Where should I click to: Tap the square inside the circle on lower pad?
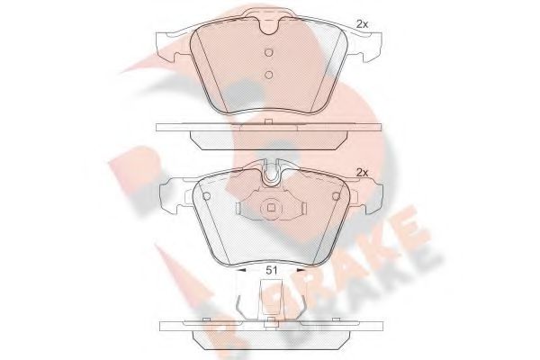click(269, 212)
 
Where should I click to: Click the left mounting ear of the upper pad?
click(171, 43)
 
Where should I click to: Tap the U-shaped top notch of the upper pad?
click(269, 26)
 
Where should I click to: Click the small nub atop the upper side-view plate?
click(269, 121)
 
